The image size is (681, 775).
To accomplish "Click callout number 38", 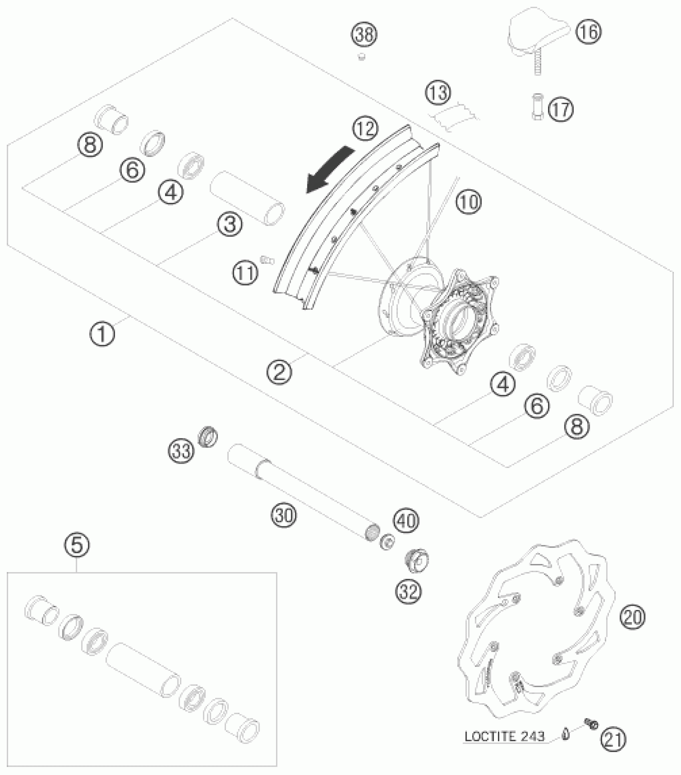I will point(365,35).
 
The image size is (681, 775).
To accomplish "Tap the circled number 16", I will point(588,31).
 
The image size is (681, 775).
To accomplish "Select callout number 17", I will point(560,109).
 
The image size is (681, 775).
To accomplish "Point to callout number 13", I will point(437,93).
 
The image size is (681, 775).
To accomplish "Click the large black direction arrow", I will point(330,170).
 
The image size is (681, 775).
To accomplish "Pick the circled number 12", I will point(365,129).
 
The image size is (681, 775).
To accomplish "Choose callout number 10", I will point(469,202).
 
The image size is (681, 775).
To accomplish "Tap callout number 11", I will point(245,274).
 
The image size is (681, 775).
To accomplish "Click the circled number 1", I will point(102,333).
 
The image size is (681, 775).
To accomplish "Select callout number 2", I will point(280,372).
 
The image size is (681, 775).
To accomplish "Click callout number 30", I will point(284,515).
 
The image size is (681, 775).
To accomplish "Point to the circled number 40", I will point(406,520).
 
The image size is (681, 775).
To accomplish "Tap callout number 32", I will point(409,591).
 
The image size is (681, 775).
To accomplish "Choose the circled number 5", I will point(77,545).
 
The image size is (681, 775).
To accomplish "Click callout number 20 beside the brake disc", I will point(633,617).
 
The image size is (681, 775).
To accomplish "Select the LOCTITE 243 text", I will point(504,736).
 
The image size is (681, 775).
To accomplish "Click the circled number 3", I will point(230,224).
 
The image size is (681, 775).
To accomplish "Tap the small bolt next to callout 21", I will point(590,723).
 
